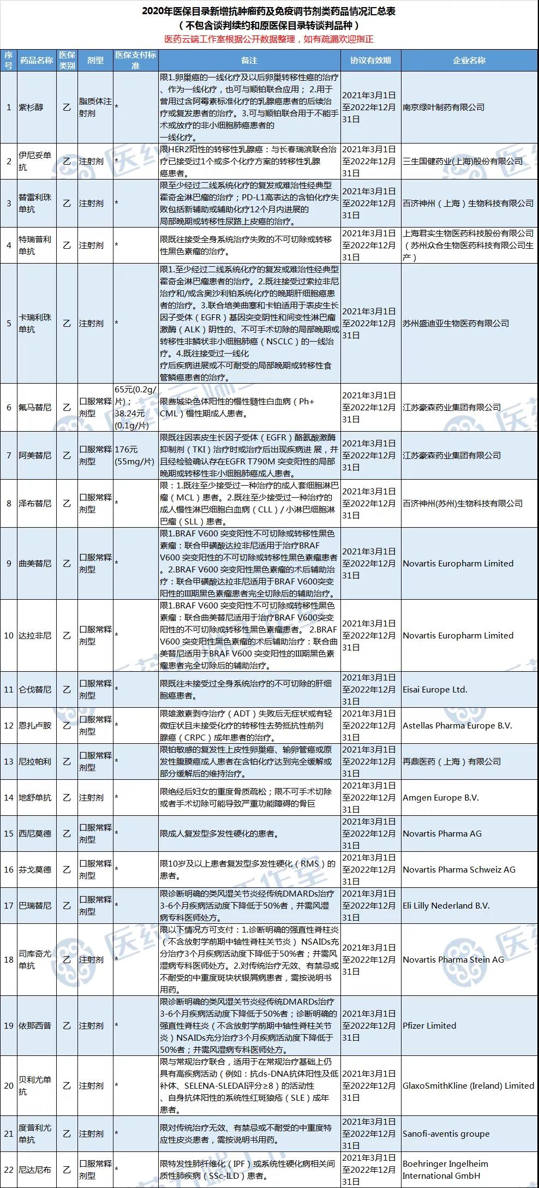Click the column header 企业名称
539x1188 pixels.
469,61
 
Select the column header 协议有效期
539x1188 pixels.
370,61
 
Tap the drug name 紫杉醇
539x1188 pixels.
31,108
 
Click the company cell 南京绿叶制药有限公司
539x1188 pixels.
444,108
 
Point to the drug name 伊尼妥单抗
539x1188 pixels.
35,162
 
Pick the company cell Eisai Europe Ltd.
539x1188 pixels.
435,690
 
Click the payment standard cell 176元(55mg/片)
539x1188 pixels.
134,456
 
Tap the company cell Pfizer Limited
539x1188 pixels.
429,1026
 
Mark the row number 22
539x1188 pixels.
9,1170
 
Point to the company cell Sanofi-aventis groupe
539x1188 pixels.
446,1134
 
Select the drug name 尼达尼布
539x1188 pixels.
35,1170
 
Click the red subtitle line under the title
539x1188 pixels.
269,39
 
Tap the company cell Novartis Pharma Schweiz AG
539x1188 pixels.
459,870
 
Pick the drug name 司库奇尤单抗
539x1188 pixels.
35,960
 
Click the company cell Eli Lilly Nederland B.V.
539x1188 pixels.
446,906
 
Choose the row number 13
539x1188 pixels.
9,762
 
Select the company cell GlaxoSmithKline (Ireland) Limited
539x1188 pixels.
468,1086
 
